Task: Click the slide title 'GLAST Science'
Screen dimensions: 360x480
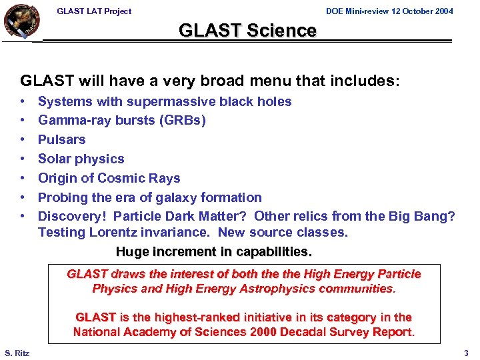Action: [x=247, y=31]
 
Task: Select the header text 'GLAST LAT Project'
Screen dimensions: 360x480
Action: [x=94, y=11]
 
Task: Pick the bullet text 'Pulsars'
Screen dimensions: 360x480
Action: [x=62, y=140]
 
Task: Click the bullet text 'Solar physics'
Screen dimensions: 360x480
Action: [x=81, y=159]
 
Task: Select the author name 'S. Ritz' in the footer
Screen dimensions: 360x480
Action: [x=17, y=353]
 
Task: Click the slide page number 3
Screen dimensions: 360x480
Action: [x=466, y=353]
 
